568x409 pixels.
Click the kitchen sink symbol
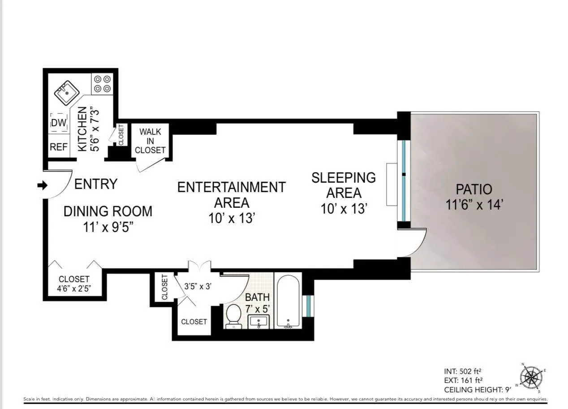[67, 93]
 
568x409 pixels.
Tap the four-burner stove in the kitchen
[102, 84]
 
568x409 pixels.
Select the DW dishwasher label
[59, 123]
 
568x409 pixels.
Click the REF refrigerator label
[59, 147]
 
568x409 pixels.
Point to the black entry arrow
[42, 185]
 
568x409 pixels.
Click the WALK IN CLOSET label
[150, 141]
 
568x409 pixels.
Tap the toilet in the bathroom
[233, 315]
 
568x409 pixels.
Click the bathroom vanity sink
[258, 321]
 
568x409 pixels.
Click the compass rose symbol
[531, 377]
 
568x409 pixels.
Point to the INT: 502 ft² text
[463, 371]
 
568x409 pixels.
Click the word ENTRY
[95, 184]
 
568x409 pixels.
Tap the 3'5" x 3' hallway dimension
[198, 286]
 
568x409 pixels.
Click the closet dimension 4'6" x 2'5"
[74, 289]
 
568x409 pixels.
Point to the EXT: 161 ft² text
[463, 380]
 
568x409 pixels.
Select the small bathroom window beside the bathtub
[308, 305]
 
